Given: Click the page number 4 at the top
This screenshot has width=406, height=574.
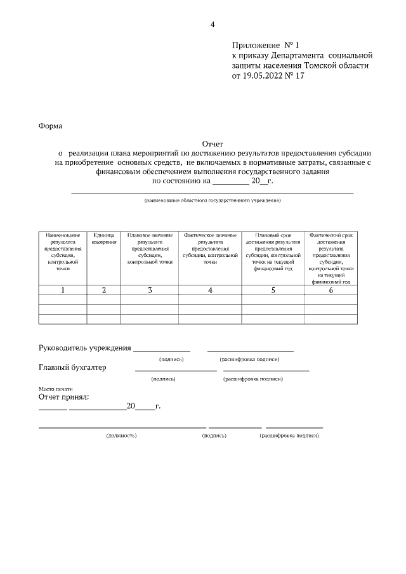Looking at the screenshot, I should click(213, 25).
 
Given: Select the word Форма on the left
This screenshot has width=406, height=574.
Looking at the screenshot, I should click(51, 126).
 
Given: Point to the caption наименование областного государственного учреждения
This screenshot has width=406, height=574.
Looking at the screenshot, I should click(212, 200).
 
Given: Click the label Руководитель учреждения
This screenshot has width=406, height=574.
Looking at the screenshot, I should click(85, 348).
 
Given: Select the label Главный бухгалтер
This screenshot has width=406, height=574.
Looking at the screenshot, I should click(72, 367).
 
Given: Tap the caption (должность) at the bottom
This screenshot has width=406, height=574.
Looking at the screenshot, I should click(121, 436).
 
